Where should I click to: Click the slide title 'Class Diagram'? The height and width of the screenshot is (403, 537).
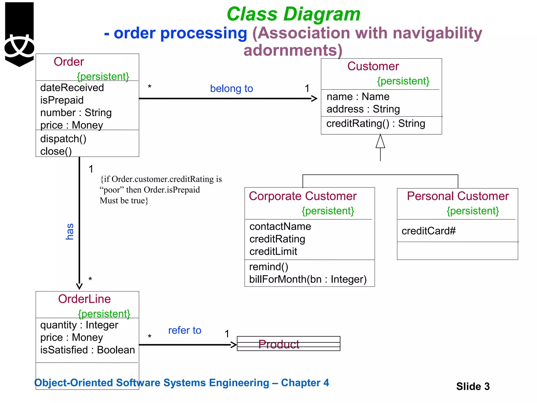tap(293, 14)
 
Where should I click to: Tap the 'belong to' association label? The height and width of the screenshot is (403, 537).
tap(231, 89)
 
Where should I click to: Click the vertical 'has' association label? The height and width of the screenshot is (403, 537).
tap(69, 231)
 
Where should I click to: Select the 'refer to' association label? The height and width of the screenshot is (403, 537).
tap(185, 330)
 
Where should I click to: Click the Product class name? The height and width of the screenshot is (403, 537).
tap(278, 344)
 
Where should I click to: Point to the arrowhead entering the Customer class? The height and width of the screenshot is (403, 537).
tap(314, 99)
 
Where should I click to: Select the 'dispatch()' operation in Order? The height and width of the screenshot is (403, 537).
tap(63, 139)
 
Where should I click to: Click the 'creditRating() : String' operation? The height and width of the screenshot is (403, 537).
tap(375, 124)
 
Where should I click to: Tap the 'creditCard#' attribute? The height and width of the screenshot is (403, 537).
tap(428, 231)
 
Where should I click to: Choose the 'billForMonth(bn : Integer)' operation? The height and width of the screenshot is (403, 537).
tap(308, 279)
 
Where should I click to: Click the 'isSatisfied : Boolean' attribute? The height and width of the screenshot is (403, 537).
tap(87, 350)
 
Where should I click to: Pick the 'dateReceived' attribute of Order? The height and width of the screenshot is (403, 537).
tap(72, 88)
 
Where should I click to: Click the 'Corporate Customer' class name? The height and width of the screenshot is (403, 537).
tap(303, 196)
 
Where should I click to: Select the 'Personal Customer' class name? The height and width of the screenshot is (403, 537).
tap(458, 196)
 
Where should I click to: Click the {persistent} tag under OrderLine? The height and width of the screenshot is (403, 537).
tap(104, 314)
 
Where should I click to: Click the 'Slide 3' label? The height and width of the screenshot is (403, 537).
tap(473, 386)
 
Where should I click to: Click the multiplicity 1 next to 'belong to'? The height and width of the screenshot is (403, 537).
tap(307, 88)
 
